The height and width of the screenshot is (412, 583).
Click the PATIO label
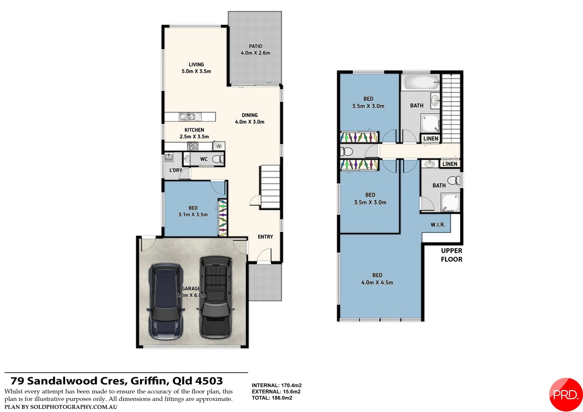(255, 46)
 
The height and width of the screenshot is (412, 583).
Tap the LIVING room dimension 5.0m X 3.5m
(196, 71)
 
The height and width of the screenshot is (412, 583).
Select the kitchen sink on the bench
(188, 117)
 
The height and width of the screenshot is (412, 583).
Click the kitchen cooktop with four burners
(193, 146)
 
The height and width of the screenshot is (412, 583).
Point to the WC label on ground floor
(204, 159)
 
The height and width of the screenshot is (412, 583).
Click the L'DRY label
(176, 170)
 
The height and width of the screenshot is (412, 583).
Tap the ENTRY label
(265, 237)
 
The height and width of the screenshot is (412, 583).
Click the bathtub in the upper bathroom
(421, 82)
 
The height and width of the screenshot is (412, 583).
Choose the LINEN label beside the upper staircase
(431, 138)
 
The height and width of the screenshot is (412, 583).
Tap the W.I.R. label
(438, 225)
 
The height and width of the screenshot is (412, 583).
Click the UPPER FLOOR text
(451, 255)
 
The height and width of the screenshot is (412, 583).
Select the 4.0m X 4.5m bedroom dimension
(377, 283)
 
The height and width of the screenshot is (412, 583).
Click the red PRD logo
(565, 394)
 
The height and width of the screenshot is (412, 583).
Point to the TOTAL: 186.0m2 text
(272, 398)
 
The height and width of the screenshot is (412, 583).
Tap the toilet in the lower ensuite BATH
(453, 180)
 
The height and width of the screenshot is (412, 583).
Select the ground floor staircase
(270, 187)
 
